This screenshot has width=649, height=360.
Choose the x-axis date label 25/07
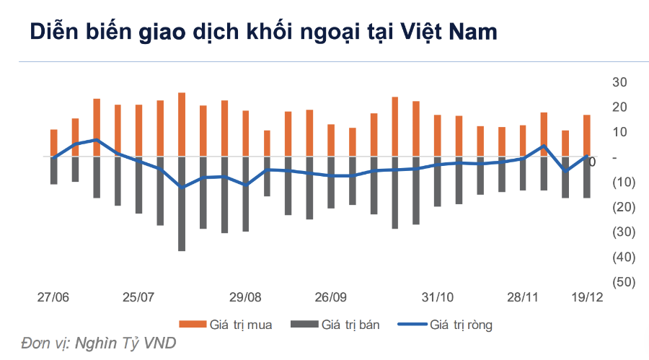[138, 297]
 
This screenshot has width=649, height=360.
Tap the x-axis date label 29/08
[245, 297]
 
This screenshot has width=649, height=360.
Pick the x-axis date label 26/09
[331, 297]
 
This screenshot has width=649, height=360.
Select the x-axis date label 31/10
[437, 297]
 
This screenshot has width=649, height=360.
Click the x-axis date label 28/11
[523, 297]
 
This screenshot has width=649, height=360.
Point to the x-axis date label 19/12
[586, 297]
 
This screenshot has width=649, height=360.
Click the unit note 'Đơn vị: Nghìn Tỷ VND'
[99, 343]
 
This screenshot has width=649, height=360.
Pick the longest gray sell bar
[182, 204]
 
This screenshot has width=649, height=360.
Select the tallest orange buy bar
[182, 124]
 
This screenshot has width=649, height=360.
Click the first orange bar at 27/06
[53, 143]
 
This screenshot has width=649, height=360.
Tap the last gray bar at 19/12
[587, 177]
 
